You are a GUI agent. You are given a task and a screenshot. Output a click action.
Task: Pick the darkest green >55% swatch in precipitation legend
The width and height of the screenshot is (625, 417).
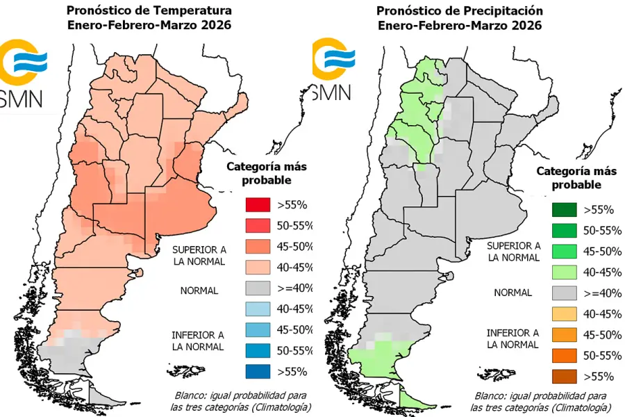563,209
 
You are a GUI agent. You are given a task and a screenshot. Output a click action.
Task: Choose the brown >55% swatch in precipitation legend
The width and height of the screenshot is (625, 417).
563,377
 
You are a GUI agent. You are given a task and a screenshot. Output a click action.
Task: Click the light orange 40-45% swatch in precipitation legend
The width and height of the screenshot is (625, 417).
563,314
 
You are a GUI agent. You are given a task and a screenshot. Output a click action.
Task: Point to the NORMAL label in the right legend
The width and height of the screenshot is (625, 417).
512,293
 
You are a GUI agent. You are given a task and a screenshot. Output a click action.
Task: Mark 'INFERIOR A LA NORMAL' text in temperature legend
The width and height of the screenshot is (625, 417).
198,340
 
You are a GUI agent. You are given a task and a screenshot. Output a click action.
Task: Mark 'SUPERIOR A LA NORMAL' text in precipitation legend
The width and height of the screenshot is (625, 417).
512,251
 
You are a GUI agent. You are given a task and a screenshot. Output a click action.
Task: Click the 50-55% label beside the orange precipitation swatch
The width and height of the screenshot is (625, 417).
601,356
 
